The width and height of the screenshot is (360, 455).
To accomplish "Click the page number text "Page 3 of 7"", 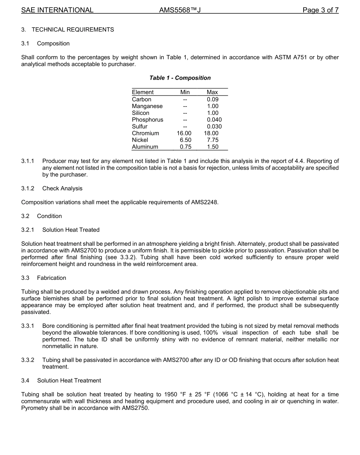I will coord(320,10).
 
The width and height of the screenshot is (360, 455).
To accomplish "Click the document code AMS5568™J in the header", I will coord(180,10).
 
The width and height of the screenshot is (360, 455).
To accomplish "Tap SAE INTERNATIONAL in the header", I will coord(57,10).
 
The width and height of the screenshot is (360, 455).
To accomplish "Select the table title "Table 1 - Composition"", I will coord(180,78).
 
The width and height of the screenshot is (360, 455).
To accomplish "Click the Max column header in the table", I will coord(212,92).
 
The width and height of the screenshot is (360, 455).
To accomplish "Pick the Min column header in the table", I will coord(185,92).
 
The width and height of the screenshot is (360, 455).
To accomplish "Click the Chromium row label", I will coord(146,133).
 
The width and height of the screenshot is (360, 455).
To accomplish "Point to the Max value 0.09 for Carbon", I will coord(213,99).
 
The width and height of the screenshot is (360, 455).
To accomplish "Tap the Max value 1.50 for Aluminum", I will coord(213,147).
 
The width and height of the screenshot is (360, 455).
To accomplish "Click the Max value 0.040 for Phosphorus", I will coord(214,120).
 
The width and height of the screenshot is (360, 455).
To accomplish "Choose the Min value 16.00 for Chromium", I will coord(184,133).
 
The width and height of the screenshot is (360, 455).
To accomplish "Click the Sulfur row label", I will coord(139,126).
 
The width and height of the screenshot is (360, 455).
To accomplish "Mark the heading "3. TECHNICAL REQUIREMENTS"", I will coord(67,30).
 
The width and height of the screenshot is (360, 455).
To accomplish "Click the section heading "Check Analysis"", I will coord(62,188).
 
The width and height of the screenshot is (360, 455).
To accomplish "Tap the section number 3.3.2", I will coord(28,360).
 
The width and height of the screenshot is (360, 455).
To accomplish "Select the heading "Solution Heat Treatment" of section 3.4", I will coord(69,380).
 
